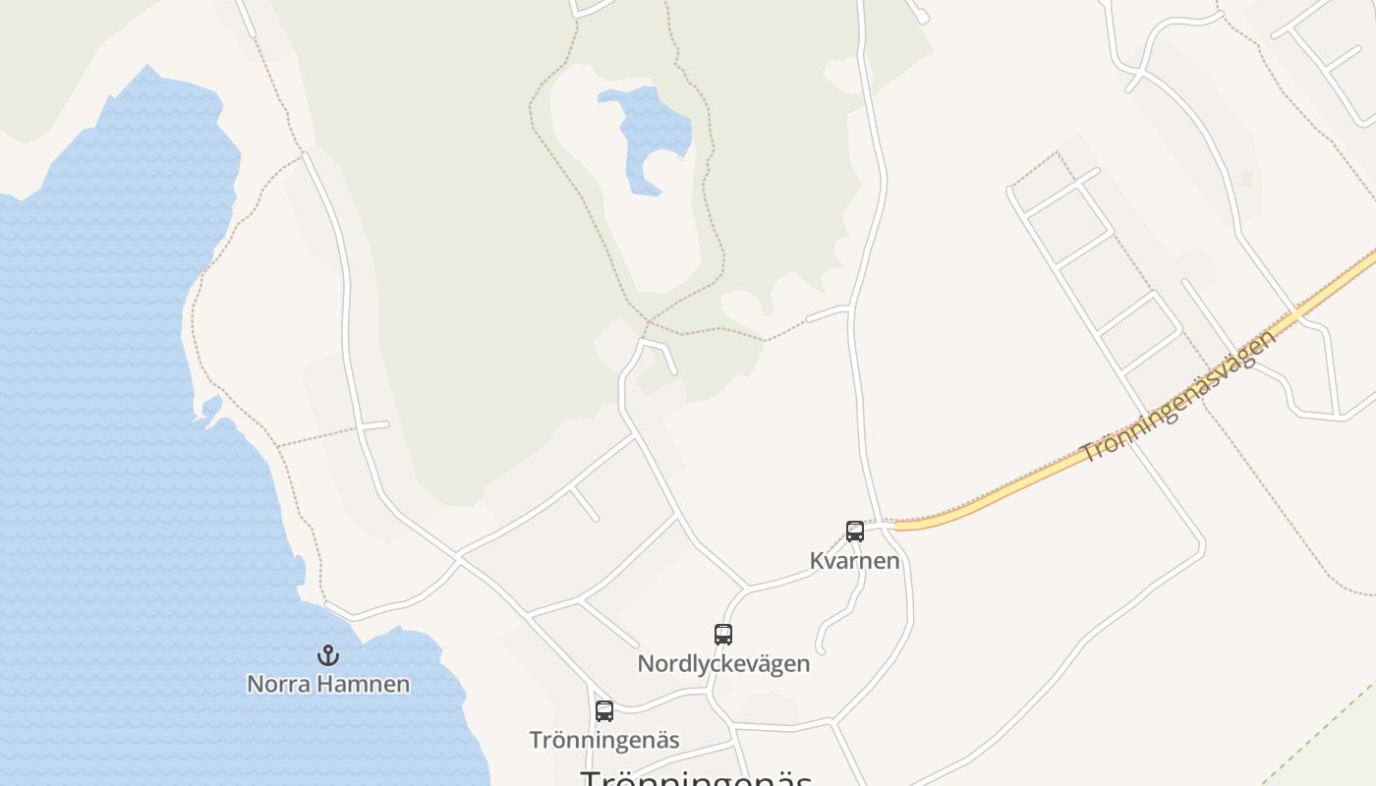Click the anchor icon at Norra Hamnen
coord(327,654)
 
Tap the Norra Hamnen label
coord(327,684)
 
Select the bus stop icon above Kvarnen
coord(855,532)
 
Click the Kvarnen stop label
coord(854,561)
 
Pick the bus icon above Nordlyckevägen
coord(723,635)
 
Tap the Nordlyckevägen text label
coord(723,664)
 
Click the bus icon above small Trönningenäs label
coord(604,711)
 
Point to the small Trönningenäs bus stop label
coord(604,740)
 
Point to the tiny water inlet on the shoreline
coord(210,407)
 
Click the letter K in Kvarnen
coord(817,561)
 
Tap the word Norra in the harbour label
coord(279,684)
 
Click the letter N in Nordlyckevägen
coord(646,664)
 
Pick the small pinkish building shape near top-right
coord(1247,179)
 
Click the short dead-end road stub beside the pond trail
coord(827,314)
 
